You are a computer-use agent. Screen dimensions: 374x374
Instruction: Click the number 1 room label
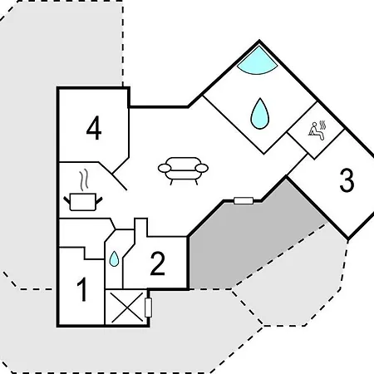click(82, 289)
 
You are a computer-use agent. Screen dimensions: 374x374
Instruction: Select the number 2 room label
click(158, 263)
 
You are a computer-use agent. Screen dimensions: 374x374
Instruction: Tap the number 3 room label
click(347, 180)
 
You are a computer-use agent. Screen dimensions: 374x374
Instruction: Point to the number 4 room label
click(94, 128)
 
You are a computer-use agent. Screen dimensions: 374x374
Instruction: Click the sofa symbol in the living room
click(183, 170)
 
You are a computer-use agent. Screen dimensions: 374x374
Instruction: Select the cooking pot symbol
click(83, 202)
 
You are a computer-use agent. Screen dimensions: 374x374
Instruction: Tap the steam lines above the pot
click(84, 180)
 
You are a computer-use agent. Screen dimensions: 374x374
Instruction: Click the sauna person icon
click(316, 130)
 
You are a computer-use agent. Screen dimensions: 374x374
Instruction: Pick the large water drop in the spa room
click(259, 114)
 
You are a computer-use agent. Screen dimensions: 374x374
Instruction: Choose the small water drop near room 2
click(114, 258)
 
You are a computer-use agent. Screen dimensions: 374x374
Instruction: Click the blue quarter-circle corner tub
click(257, 62)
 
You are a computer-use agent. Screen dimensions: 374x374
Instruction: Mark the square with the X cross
click(127, 308)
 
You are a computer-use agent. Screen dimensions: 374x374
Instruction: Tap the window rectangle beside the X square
click(148, 308)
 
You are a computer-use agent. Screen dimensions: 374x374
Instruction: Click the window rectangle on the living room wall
click(244, 200)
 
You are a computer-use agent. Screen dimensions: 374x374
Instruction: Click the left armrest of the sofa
click(165, 168)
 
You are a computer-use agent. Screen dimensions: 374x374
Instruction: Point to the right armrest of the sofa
click(202, 168)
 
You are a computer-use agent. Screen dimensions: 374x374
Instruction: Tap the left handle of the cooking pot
click(67, 200)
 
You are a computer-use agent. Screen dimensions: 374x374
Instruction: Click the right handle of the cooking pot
click(99, 200)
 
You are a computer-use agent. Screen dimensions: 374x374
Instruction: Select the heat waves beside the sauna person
click(322, 125)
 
